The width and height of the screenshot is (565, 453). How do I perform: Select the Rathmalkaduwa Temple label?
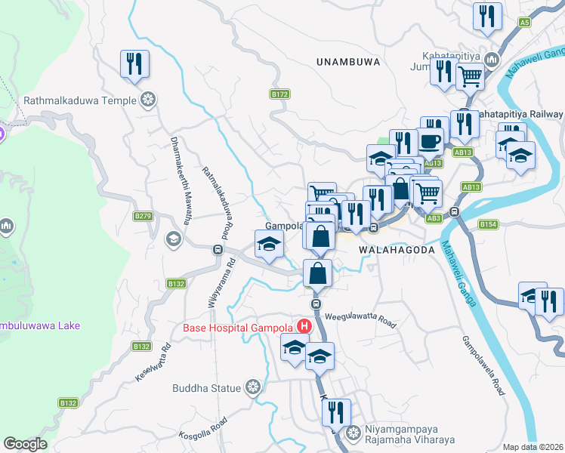tap(80, 100)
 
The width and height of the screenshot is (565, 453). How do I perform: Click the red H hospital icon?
tap(304, 327)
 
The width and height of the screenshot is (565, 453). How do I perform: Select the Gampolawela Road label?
tap(483, 365)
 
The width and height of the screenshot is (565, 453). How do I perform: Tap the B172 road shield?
tap(279, 94)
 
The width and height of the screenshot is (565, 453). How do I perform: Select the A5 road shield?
tap(524, 23)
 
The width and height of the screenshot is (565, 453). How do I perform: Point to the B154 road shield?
tap(488, 224)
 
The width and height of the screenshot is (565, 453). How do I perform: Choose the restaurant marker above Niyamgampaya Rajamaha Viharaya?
tap(335, 411)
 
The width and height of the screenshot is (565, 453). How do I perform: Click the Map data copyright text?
tap(533, 447)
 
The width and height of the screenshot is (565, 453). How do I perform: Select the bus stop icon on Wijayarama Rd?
tap(218, 249)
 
